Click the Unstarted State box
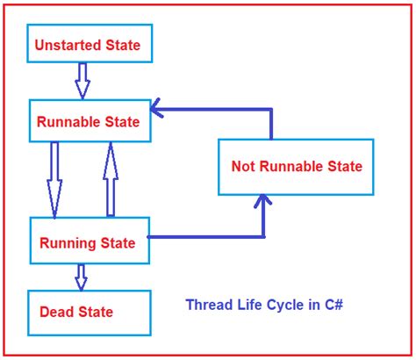[87, 43]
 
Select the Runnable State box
[89, 122]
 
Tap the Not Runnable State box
[296, 165]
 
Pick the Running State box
[88, 241]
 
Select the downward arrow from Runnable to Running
[54, 179]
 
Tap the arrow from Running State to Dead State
[81, 277]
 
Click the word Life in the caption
[248, 306]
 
